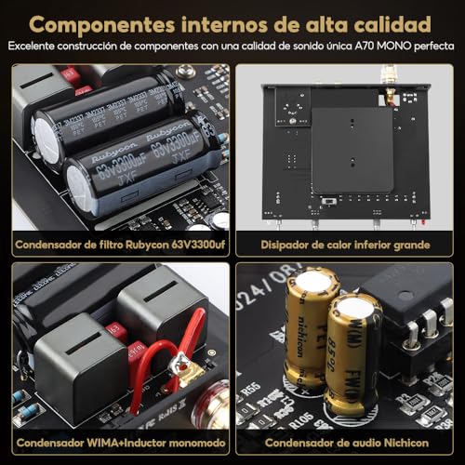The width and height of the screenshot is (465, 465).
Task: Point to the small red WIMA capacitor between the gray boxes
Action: point(116,330)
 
